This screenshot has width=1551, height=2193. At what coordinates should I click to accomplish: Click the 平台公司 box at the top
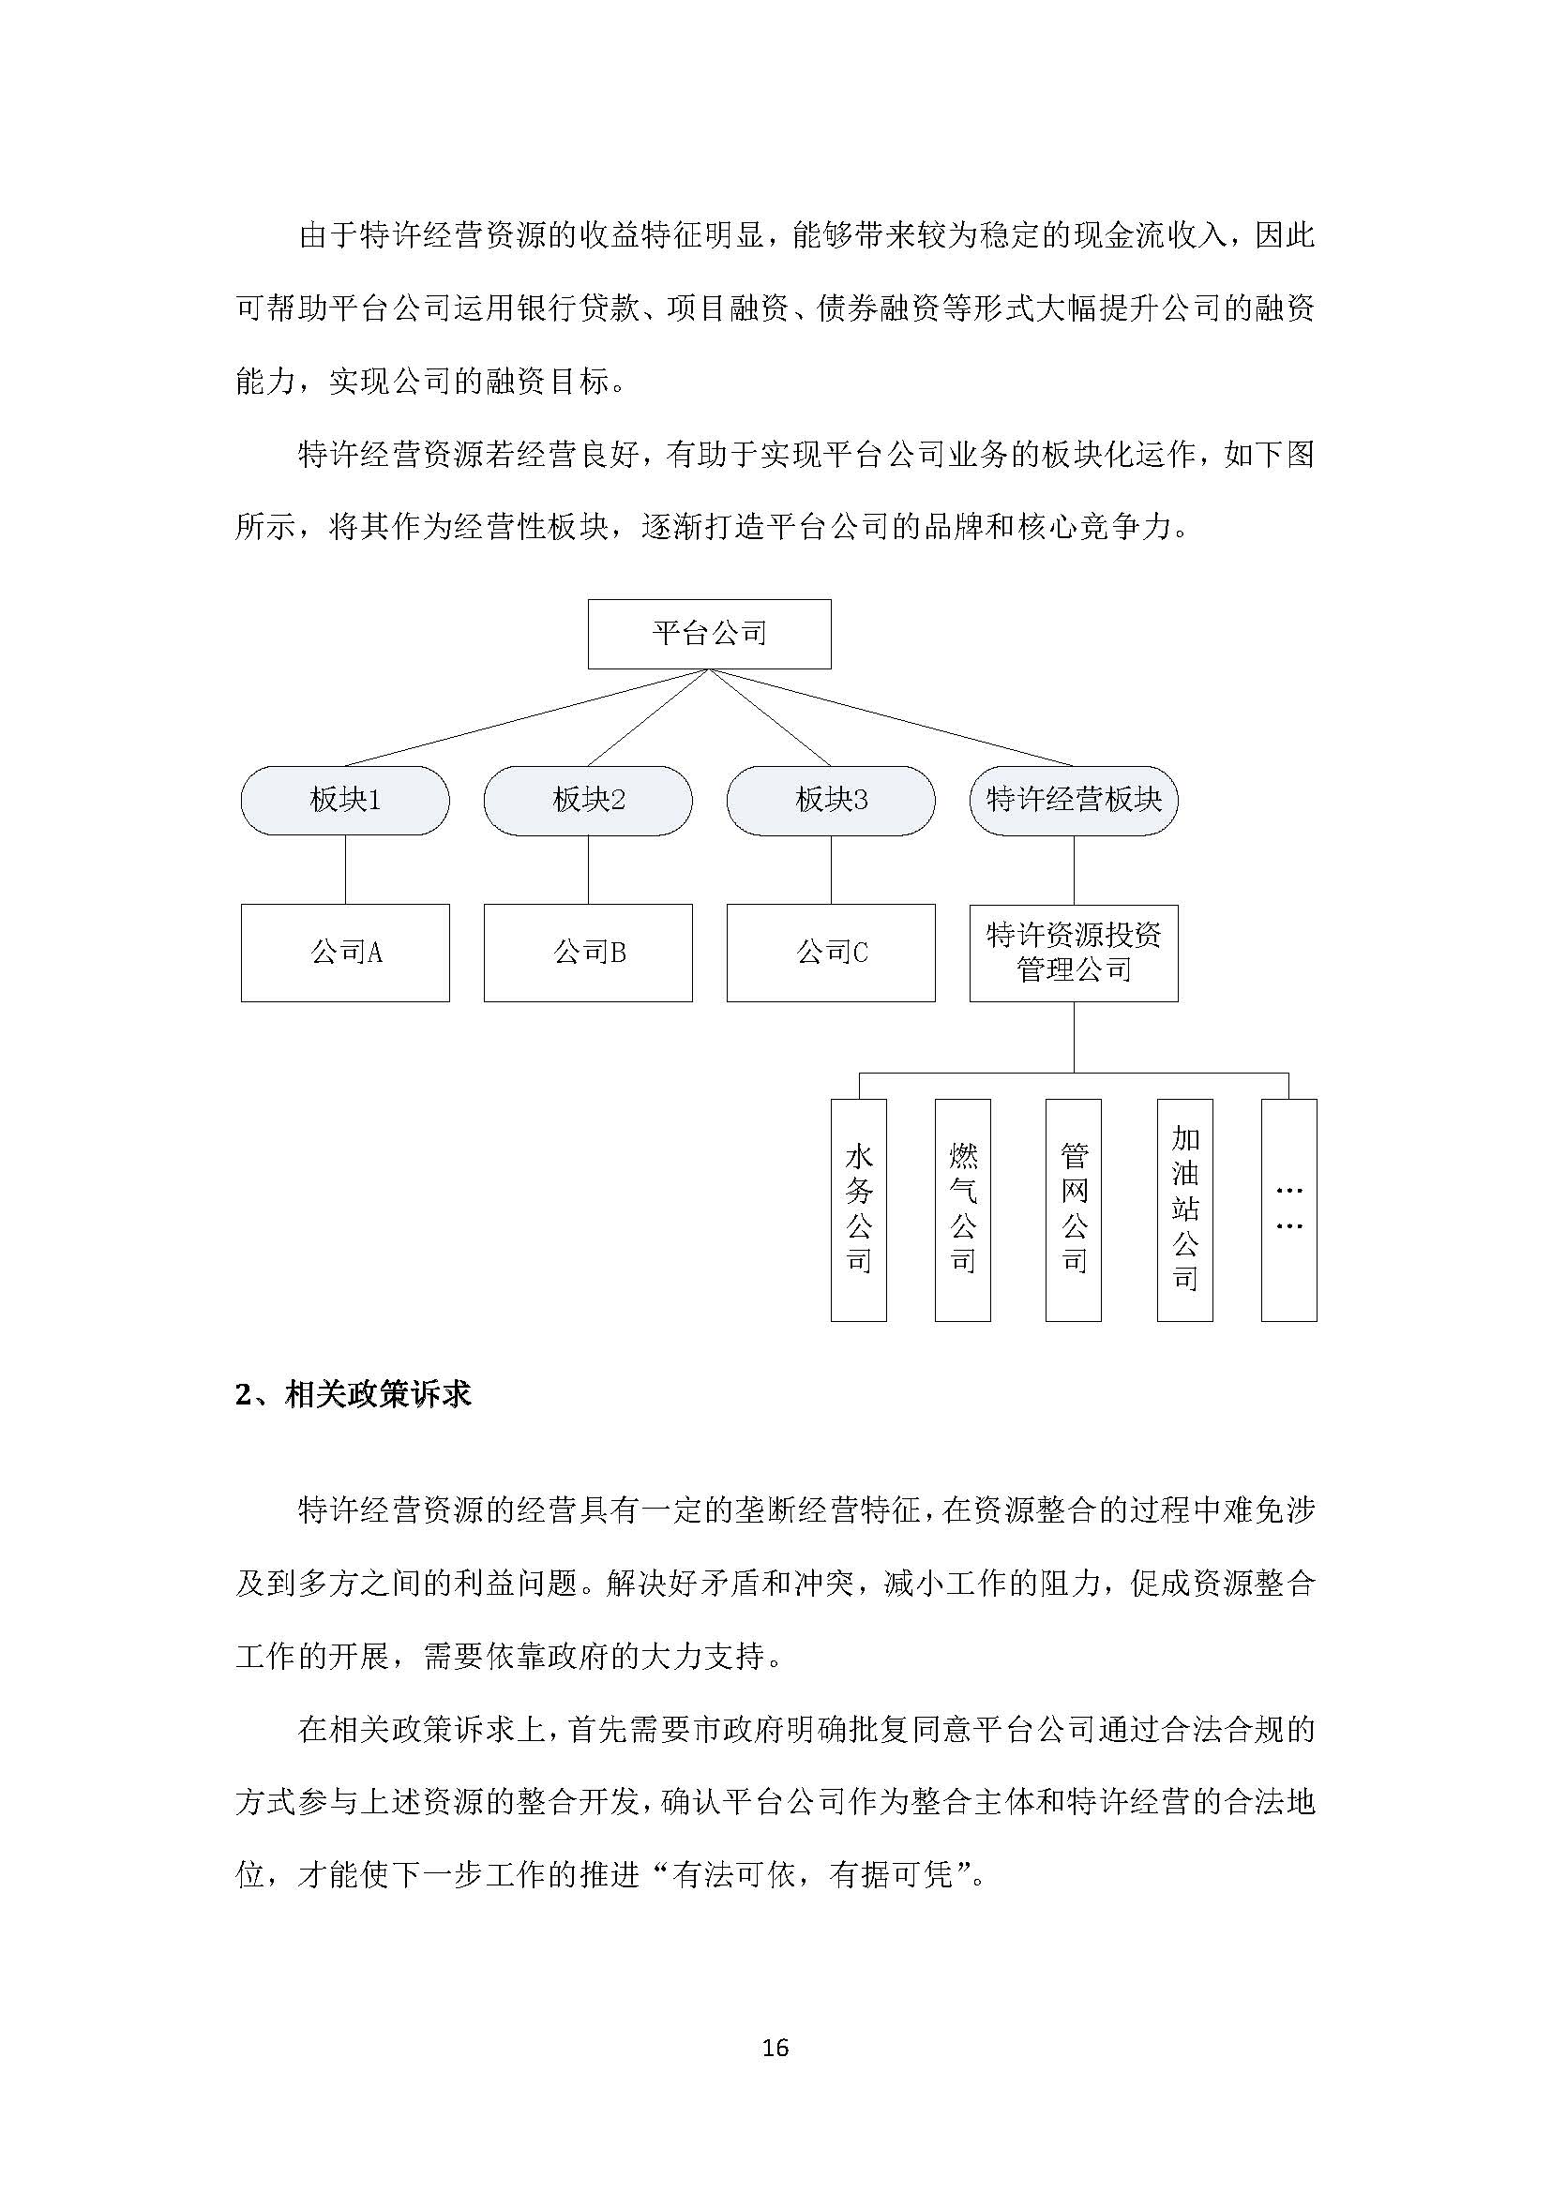click(709, 633)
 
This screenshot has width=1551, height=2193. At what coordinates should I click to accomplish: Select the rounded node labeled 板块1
click(345, 800)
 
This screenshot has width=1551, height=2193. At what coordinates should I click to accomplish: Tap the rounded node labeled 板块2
click(587, 800)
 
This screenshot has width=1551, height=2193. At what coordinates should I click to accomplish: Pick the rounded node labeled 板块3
click(830, 800)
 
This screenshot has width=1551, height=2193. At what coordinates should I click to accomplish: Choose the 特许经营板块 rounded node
click(1074, 800)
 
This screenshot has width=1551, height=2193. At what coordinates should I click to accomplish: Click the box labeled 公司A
click(345, 953)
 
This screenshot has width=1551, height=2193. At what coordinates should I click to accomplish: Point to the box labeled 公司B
click(587, 953)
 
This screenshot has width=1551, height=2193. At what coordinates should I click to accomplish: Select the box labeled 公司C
click(830, 953)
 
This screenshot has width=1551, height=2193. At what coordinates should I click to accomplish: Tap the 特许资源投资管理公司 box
click(1074, 953)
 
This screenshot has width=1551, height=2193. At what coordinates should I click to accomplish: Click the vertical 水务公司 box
click(859, 1209)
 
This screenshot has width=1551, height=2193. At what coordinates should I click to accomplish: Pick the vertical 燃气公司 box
click(963, 1209)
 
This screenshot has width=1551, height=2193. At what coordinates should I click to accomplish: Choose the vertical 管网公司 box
click(1074, 1209)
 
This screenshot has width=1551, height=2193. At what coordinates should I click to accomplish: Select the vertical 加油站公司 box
click(1184, 1209)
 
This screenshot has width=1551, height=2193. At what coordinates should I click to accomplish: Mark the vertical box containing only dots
click(1288, 1209)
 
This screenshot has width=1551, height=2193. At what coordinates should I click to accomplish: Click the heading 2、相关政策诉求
click(354, 1395)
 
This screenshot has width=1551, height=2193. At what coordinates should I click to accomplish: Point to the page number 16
click(775, 2048)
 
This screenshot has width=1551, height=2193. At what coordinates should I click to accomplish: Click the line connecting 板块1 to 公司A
click(345, 869)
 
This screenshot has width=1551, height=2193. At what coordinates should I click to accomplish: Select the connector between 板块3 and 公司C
click(830, 869)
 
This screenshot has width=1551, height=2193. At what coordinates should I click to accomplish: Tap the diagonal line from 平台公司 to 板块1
click(525, 717)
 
